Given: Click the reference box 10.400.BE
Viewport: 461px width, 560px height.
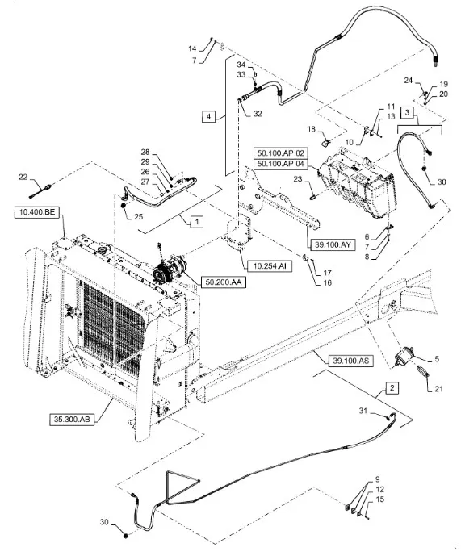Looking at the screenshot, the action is click(x=37, y=212).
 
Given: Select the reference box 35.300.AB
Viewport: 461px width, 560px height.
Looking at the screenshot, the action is click(x=72, y=420).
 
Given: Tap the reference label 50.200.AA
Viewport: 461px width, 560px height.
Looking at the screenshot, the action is click(x=224, y=282).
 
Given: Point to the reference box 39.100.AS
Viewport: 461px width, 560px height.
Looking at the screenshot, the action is click(x=350, y=361).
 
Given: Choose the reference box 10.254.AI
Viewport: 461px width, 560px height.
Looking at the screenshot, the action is click(x=270, y=266).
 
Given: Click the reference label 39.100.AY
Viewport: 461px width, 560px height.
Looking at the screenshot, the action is click(x=333, y=245).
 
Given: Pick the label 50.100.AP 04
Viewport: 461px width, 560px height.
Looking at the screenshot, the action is click(x=280, y=164).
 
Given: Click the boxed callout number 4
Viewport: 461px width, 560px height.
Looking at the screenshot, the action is click(x=208, y=116).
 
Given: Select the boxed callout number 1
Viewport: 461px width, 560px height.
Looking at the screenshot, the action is click(x=197, y=222).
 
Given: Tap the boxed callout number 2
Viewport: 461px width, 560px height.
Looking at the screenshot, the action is click(x=392, y=388).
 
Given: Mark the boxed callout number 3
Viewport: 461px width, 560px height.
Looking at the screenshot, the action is click(x=407, y=113).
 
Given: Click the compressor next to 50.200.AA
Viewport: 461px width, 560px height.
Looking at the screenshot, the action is click(x=169, y=269).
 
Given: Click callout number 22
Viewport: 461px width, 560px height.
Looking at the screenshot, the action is click(x=23, y=178).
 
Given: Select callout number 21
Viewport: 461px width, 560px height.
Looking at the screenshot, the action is click(x=439, y=389).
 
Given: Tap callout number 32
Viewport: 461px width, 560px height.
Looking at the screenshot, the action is click(x=258, y=114).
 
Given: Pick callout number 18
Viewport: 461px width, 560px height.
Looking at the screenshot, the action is click(x=312, y=129).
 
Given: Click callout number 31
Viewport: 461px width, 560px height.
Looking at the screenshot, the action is click(x=363, y=411).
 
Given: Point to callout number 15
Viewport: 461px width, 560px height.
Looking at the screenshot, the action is click(x=380, y=499).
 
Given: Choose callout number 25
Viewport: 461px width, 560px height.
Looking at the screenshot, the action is click(x=138, y=217).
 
